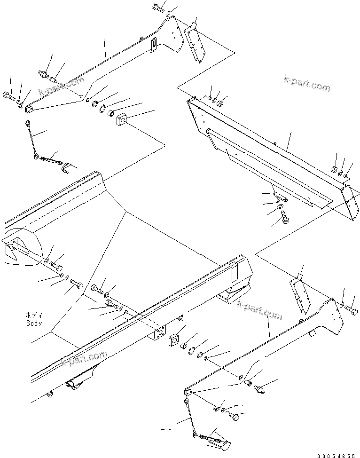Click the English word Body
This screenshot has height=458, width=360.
[34, 324]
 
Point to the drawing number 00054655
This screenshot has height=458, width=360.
[337, 455]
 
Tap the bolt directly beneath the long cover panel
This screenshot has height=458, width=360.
[285, 217]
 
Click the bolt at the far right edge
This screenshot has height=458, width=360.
[352, 309]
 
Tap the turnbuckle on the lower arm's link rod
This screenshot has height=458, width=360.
[212, 439]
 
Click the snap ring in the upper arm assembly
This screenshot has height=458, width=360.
[105, 109]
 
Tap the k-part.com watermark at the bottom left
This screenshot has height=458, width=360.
[85, 360]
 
